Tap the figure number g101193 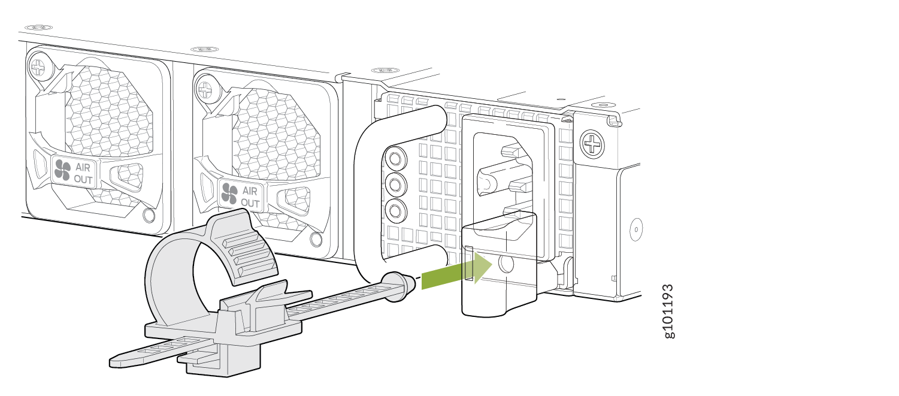668,312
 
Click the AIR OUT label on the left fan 83,173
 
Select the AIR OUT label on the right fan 250,197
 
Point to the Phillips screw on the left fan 39,67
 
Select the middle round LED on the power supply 396,185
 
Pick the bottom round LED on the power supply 396,210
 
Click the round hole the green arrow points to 506,264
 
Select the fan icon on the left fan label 63,170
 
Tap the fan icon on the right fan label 229,194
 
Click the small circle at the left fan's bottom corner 149,215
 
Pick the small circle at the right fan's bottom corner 316,240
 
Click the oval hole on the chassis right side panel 636,229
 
